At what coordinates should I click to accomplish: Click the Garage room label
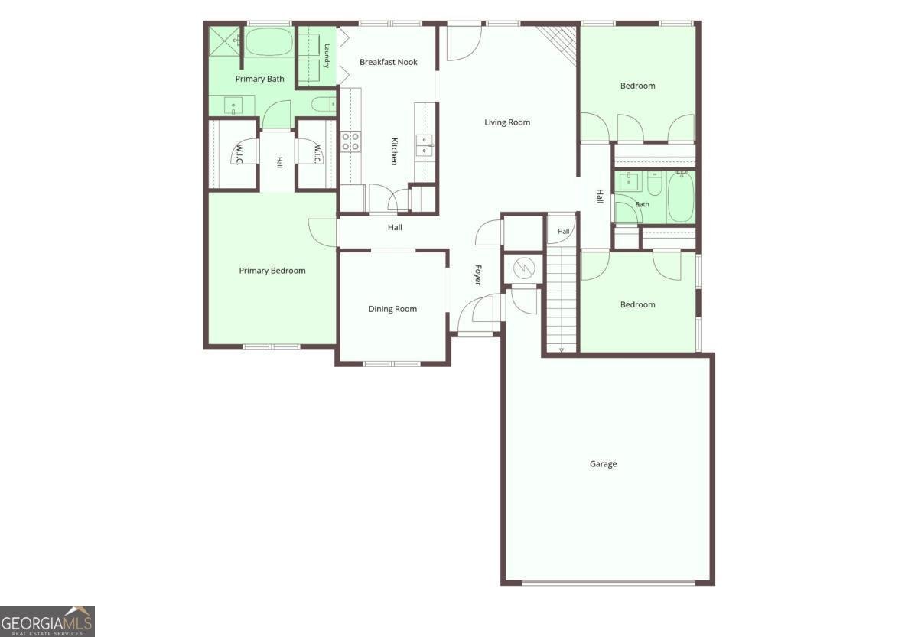[x=603, y=464]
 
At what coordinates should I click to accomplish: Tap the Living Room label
[x=507, y=122]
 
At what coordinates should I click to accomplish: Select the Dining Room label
[x=392, y=309]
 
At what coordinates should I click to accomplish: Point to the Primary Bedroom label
[x=272, y=271]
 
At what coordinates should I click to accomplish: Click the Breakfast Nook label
[x=388, y=62]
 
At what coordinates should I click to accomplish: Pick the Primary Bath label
[x=259, y=79]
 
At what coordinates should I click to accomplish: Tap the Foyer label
[x=478, y=275]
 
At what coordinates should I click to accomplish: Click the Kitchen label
[x=394, y=151]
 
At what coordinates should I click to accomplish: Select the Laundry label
[x=327, y=56]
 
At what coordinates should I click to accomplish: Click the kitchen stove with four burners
[x=351, y=141]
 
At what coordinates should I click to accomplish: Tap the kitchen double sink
[x=424, y=145]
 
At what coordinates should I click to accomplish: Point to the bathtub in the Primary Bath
[x=269, y=41]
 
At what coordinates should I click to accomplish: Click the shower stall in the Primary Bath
[x=225, y=41]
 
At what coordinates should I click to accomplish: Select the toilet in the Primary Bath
[x=324, y=104]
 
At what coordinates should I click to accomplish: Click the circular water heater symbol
[x=524, y=268]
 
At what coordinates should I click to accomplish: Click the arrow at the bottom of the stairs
[x=562, y=349]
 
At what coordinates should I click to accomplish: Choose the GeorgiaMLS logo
[x=47, y=621]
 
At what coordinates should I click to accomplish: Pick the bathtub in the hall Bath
[x=681, y=197]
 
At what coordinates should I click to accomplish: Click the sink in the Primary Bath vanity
[x=233, y=106]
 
